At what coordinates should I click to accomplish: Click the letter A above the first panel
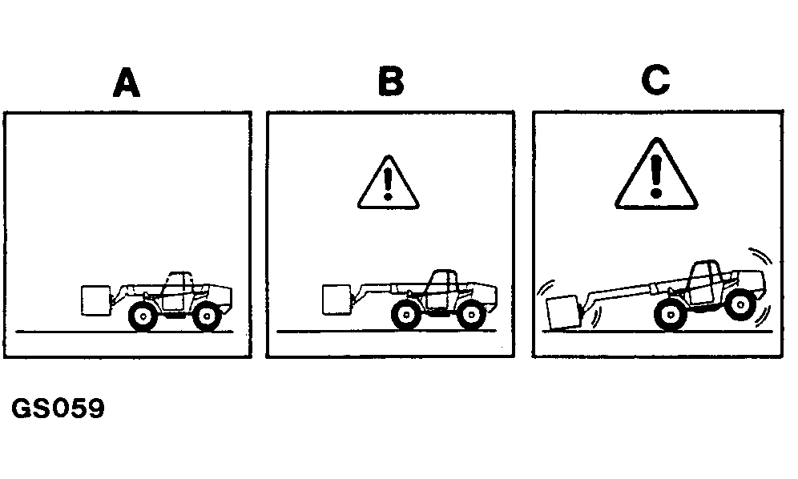(x=127, y=83)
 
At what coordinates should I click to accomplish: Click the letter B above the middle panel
(x=391, y=82)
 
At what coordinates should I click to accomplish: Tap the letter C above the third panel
(x=655, y=80)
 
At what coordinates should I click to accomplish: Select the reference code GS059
(x=58, y=409)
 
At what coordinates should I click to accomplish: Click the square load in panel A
(x=95, y=300)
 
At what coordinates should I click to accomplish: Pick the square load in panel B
(x=337, y=300)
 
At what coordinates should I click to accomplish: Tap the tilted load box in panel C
(x=562, y=312)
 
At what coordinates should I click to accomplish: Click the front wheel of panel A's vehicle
(x=143, y=316)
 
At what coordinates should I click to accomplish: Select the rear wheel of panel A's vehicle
(x=207, y=316)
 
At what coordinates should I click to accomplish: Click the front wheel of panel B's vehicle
(x=406, y=315)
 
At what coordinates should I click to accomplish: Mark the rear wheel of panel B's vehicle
(x=471, y=315)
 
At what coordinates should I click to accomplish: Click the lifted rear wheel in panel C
(x=740, y=305)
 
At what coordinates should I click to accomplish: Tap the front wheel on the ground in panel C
(x=671, y=316)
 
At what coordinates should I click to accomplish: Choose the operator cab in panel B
(x=441, y=288)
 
